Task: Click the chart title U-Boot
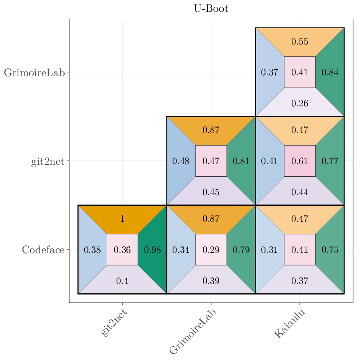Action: click(x=211, y=9)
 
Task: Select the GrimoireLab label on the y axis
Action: click(x=34, y=73)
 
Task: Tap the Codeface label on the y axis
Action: click(x=43, y=250)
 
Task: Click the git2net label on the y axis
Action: click(x=48, y=162)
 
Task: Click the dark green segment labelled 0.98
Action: click(x=153, y=250)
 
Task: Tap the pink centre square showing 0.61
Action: click(x=300, y=161)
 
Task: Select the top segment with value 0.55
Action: click(x=300, y=42)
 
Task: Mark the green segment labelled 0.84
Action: click(x=330, y=72)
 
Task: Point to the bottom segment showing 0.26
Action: click(x=300, y=103)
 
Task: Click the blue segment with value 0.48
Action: click(x=181, y=161)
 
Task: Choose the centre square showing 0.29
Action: click(x=211, y=250)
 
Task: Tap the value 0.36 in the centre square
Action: click(x=122, y=250)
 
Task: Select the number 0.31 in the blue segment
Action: click(x=270, y=250)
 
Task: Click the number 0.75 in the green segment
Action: click(x=330, y=250)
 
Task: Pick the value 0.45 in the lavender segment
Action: click(x=211, y=192)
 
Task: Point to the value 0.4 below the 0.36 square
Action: click(x=122, y=281)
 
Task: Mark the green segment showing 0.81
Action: click(x=241, y=161)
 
